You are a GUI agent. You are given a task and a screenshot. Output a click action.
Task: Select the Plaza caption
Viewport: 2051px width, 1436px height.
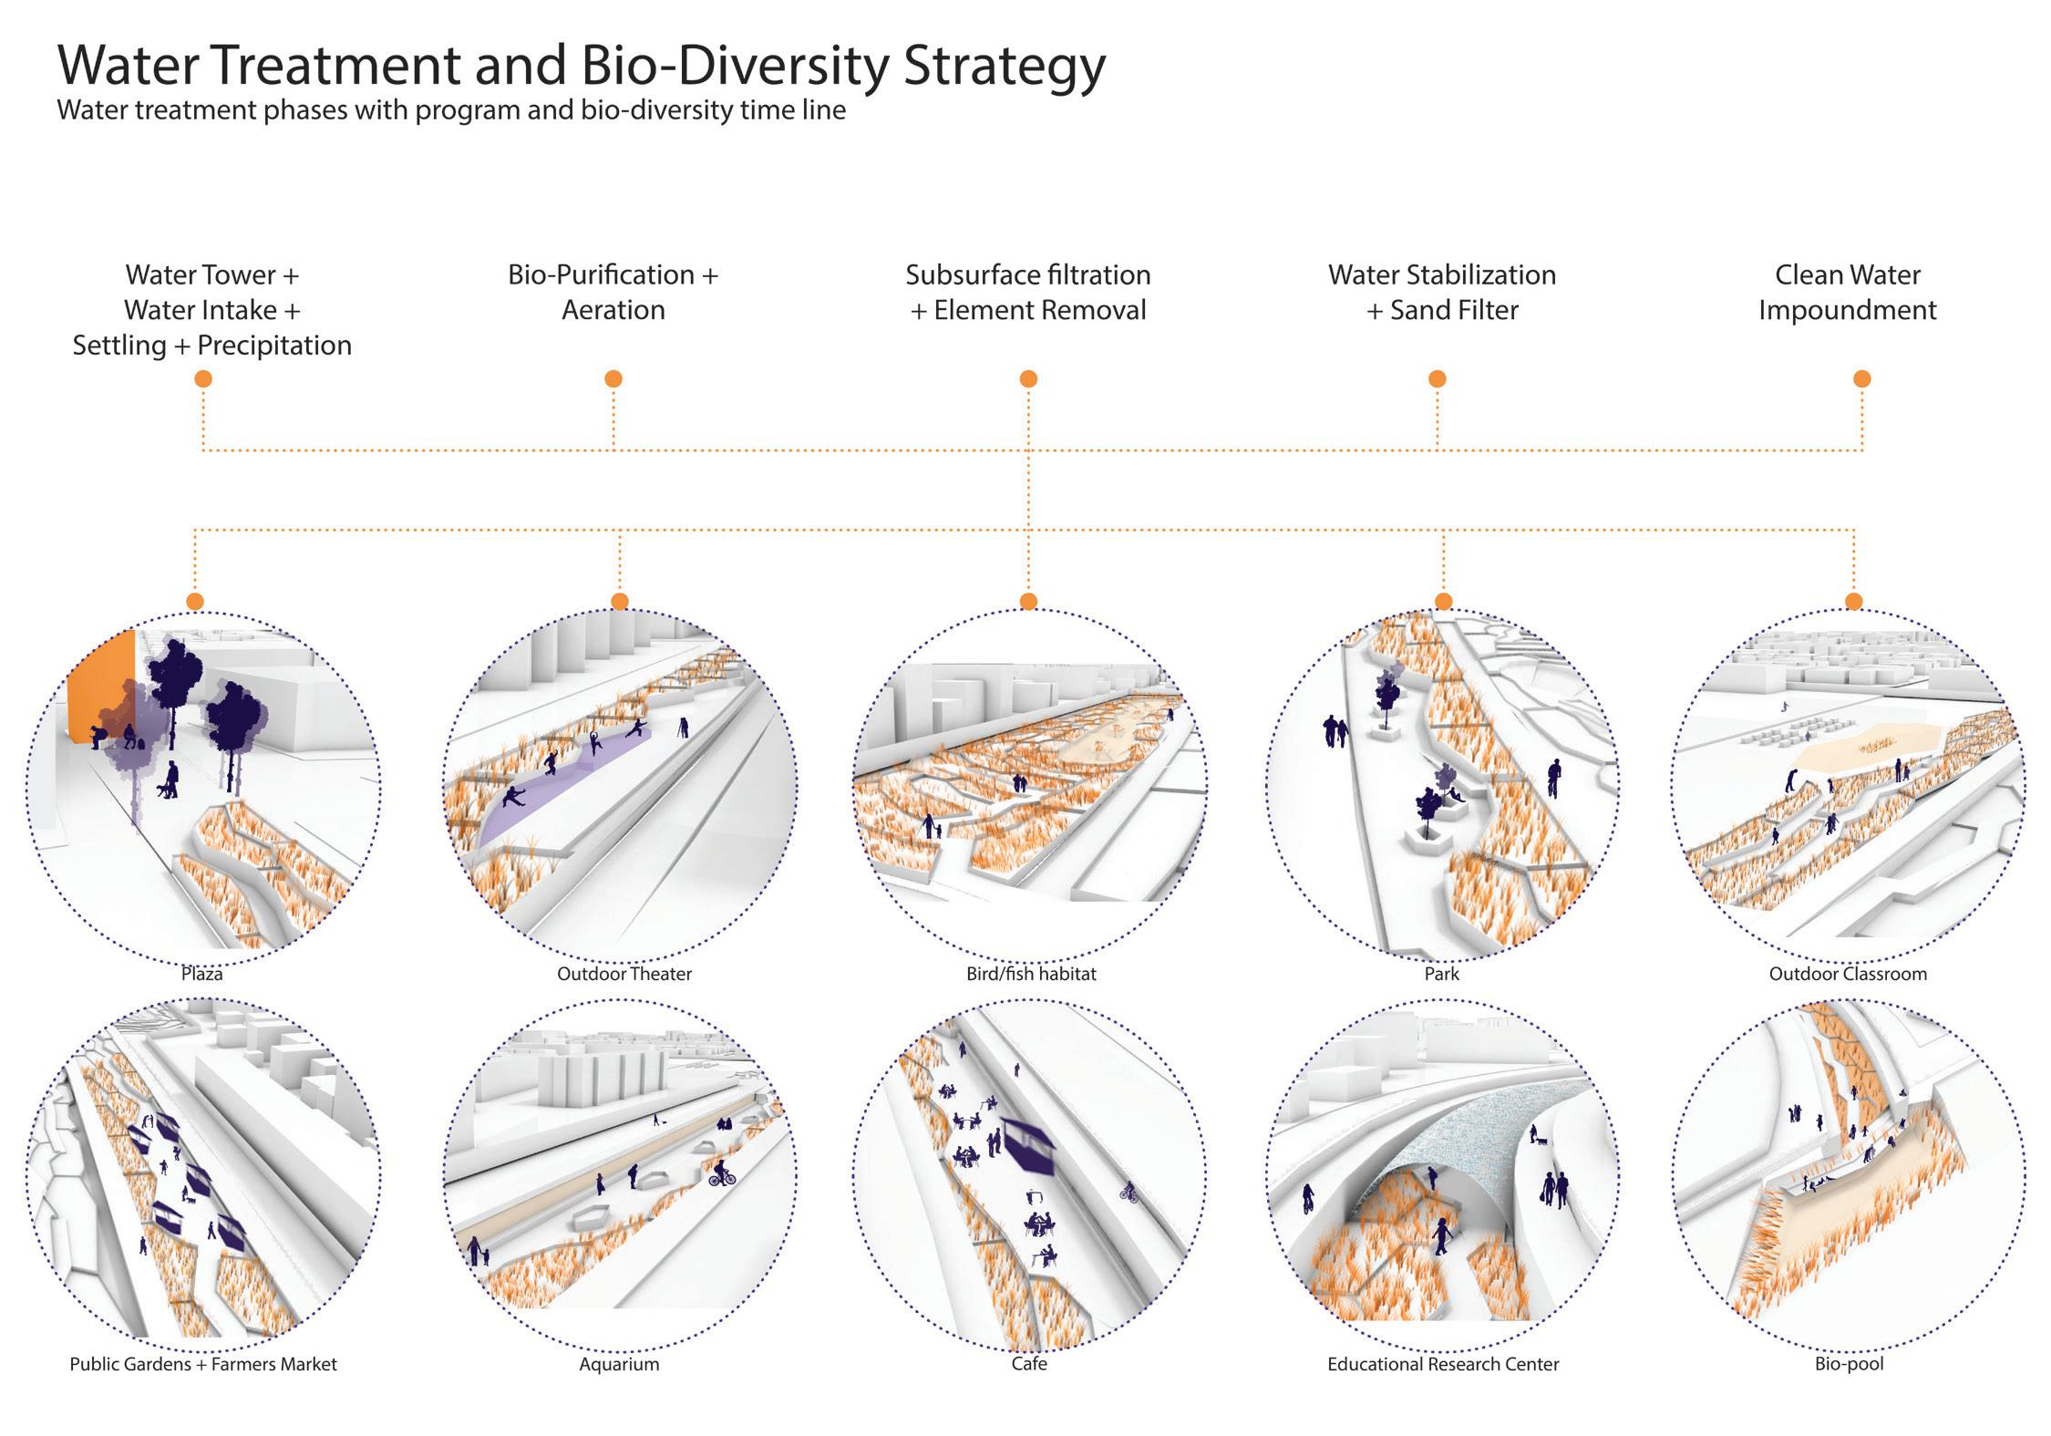[201, 974]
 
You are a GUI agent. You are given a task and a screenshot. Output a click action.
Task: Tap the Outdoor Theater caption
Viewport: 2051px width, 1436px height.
[624, 974]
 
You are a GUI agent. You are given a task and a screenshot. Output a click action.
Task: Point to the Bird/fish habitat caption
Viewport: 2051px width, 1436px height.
[1031, 974]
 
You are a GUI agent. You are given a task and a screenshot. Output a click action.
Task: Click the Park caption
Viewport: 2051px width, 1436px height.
[1442, 974]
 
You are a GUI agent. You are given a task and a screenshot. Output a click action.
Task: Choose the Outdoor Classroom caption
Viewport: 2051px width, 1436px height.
[1848, 974]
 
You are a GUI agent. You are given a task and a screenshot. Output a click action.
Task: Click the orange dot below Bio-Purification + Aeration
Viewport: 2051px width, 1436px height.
[613, 378]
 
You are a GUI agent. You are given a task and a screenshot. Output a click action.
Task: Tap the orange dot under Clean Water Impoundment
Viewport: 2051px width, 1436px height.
[1862, 378]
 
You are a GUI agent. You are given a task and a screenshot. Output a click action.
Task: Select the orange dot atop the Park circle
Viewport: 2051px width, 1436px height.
[1443, 601]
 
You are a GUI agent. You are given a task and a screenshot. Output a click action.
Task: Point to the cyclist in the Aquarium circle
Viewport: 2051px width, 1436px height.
[721, 1173]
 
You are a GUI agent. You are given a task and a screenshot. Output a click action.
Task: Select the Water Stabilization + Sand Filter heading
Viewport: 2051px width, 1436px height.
[1442, 293]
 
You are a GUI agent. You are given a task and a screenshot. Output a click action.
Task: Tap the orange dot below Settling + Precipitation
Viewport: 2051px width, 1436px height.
[203, 378]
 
